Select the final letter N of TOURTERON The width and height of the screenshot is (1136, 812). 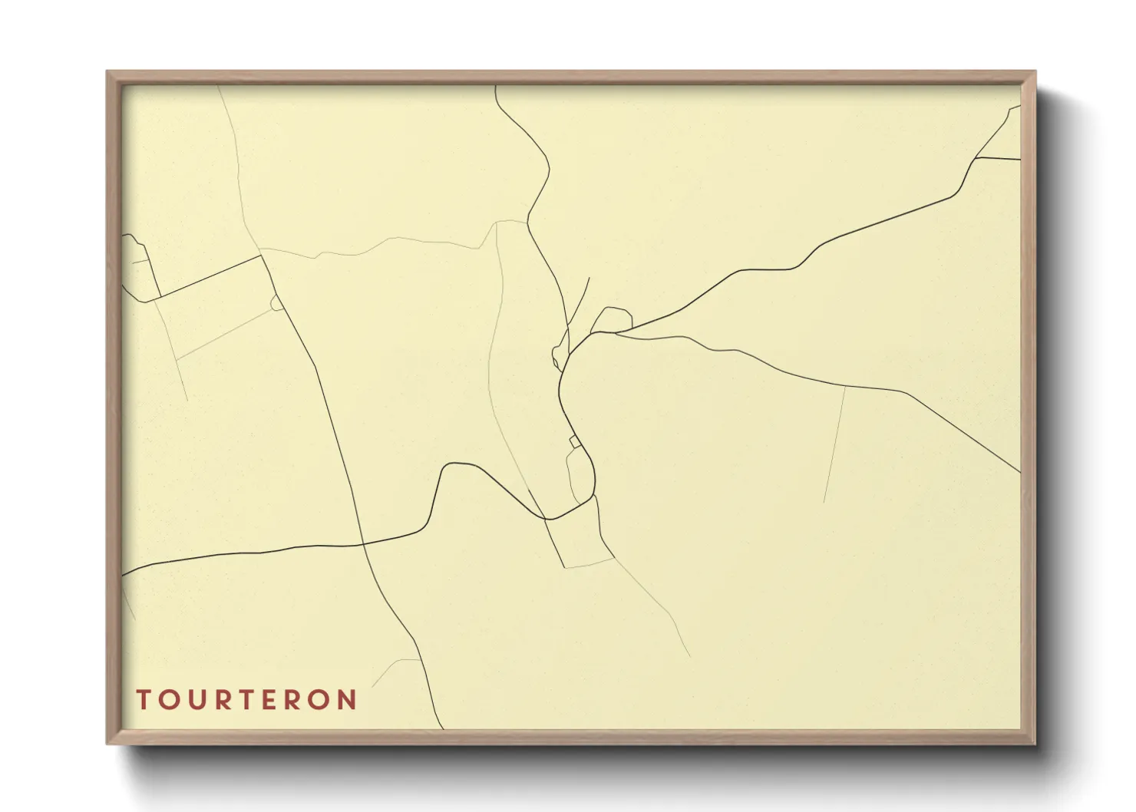[x=348, y=700]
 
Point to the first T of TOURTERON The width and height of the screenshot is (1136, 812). [x=144, y=700]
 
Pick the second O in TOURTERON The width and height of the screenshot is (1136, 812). [x=323, y=700]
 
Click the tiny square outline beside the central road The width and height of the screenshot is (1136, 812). [x=574, y=441]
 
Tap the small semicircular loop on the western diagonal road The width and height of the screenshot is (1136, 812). [x=276, y=303]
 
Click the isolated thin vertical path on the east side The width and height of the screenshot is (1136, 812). [x=834, y=445]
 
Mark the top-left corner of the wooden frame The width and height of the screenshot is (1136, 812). [x=107, y=72]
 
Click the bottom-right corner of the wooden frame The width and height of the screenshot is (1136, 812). [x=1035, y=743]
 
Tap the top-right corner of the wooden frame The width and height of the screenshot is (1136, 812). [x=1035, y=72]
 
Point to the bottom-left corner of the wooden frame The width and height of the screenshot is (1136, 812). [x=107, y=743]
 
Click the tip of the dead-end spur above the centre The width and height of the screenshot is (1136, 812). [x=589, y=278]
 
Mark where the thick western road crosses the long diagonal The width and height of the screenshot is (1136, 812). [x=362, y=544]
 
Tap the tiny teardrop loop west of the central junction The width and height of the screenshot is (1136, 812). [x=556, y=355]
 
